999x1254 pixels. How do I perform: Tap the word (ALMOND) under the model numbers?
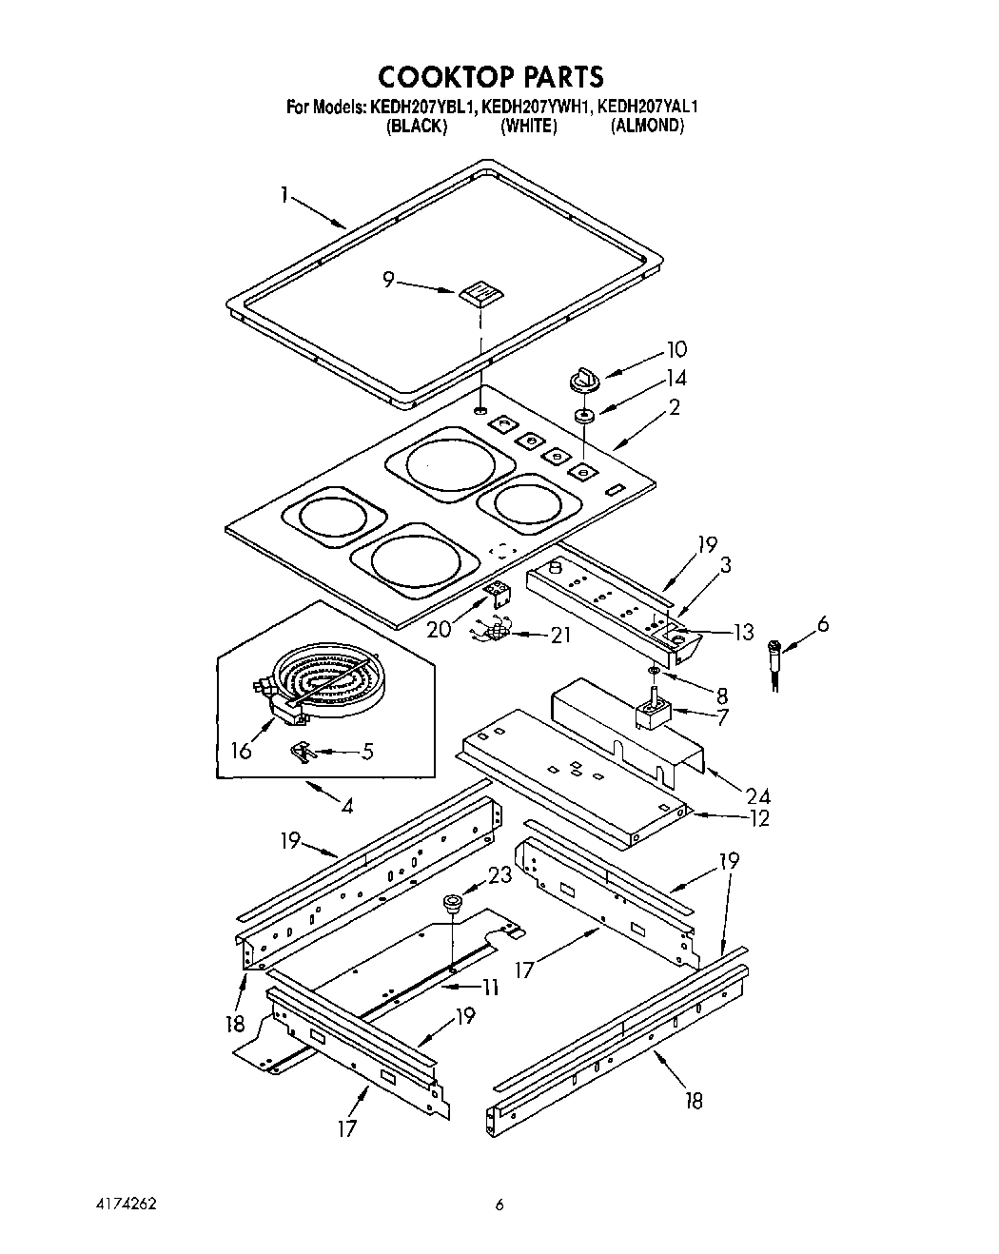(647, 127)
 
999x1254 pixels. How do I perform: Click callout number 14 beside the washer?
(676, 378)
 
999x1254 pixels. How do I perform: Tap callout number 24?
(758, 795)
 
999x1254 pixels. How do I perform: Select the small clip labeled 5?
(301, 752)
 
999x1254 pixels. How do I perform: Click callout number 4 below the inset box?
(346, 807)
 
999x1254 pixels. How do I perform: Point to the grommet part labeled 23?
(452, 902)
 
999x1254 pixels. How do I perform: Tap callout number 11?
(489, 988)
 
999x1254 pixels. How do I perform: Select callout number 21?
(560, 634)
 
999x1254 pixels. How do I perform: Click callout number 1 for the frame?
(284, 194)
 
